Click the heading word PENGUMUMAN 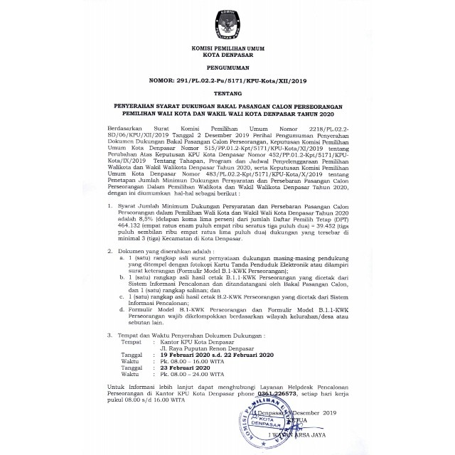[227, 73]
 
